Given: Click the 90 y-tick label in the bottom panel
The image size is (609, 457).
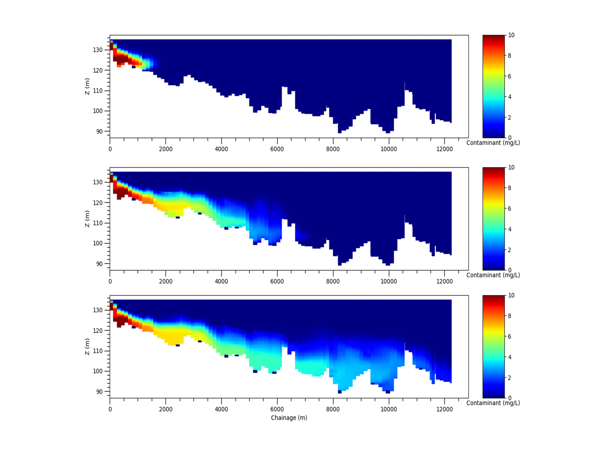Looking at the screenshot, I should pyautogui.click(x=99, y=391).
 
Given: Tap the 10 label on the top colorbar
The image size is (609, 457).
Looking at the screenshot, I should pyautogui.click(x=511, y=35).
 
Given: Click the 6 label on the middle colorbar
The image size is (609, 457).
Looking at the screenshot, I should pyautogui.click(x=510, y=208).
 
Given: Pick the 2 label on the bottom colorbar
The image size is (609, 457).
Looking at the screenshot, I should pyautogui.click(x=510, y=378).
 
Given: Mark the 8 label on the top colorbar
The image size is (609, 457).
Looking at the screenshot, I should pyautogui.click(x=510, y=56).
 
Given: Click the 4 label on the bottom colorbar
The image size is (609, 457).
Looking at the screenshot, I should pyautogui.click(x=510, y=357).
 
